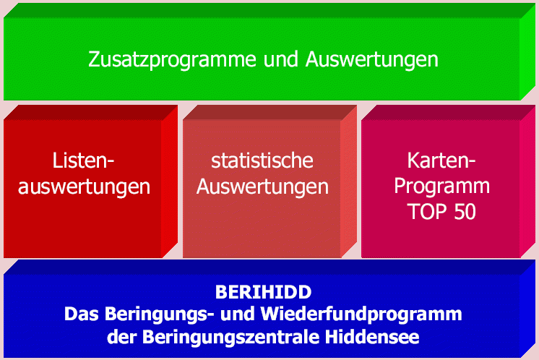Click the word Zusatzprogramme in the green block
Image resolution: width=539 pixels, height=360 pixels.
(x=172, y=59)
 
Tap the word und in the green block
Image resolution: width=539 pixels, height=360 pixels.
(x=280, y=59)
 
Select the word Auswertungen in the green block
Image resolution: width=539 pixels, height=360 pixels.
(x=371, y=59)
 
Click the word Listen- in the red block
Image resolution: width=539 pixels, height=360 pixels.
(x=83, y=160)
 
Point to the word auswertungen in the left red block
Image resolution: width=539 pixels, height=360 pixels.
(x=84, y=187)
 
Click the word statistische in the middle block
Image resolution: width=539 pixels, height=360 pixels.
(x=262, y=160)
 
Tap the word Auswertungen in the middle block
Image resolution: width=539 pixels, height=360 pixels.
(x=262, y=187)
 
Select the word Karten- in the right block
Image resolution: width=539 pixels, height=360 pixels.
(x=441, y=160)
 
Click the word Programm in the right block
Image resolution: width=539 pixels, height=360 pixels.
(x=441, y=187)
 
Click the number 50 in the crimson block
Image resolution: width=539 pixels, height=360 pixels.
(x=465, y=212)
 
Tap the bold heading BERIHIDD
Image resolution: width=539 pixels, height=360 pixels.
(x=263, y=292)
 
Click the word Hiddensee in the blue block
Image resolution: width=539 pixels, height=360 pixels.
(x=372, y=337)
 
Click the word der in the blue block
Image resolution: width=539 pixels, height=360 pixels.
(x=121, y=337)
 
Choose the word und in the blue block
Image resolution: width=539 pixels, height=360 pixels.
(x=238, y=314)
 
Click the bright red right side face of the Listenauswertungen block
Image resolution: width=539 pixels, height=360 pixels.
(x=170, y=181)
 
